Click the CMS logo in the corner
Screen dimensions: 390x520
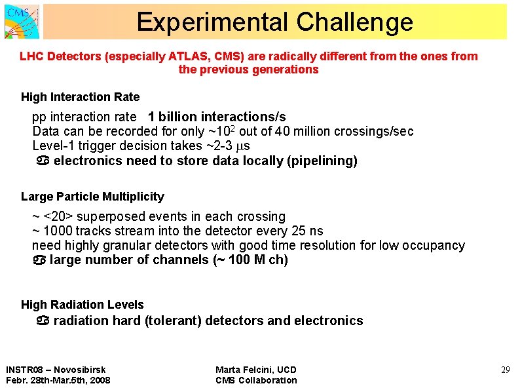[x=22, y=21]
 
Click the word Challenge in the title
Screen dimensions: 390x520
[x=354, y=22]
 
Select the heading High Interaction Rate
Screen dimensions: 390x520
[x=80, y=97]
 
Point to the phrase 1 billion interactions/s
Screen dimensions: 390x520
[x=217, y=117]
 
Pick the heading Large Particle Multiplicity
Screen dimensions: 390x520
[x=92, y=197]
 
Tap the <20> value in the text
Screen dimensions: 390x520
[x=58, y=216]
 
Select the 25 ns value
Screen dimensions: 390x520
[x=306, y=231]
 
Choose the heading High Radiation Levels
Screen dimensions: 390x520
[x=82, y=305]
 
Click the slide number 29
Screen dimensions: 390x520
[x=505, y=370]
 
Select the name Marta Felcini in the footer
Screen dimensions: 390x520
[x=243, y=370]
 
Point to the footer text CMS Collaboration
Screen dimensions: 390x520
[x=256, y=380]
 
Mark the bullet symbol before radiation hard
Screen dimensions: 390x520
[x=43, y=321]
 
